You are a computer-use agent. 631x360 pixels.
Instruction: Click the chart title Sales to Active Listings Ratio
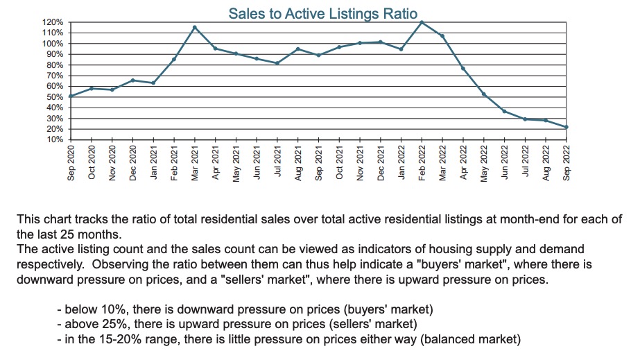click(x=322, y=13)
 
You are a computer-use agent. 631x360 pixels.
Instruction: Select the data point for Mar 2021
click(x=195, y=28)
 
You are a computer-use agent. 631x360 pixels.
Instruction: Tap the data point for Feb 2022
click(x=422, y=22)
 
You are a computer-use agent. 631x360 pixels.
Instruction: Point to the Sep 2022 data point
click(x=567, y=127)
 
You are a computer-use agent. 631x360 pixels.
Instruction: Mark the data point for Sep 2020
click(x=71, y=96)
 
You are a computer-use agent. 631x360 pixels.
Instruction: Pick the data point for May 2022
click(x=484, y=94)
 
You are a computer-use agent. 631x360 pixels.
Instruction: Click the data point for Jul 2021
click(x=277, y=63)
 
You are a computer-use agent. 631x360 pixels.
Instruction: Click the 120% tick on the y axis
click(x=54, y=22)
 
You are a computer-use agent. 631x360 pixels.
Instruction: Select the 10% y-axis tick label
click(x=56, y=140)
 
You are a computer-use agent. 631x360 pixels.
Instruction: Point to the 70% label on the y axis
click(x=56, y=76)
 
